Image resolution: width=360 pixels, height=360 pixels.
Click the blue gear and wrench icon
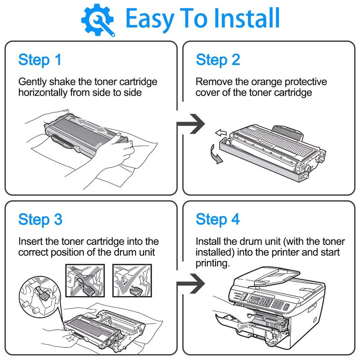98,19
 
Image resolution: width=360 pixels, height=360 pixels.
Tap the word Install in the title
242,19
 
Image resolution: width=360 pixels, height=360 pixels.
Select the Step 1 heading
40,60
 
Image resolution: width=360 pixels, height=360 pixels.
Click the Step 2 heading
218,60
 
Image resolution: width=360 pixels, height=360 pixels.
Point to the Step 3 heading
40,220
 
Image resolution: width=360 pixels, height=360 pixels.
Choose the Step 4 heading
218,220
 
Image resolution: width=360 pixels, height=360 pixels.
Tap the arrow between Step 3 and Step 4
191,284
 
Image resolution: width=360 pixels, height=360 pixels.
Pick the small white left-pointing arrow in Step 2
221,132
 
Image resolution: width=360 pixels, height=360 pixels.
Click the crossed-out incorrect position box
85,280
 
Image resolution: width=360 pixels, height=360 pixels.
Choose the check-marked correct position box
131,280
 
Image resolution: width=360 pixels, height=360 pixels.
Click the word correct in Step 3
33,252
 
